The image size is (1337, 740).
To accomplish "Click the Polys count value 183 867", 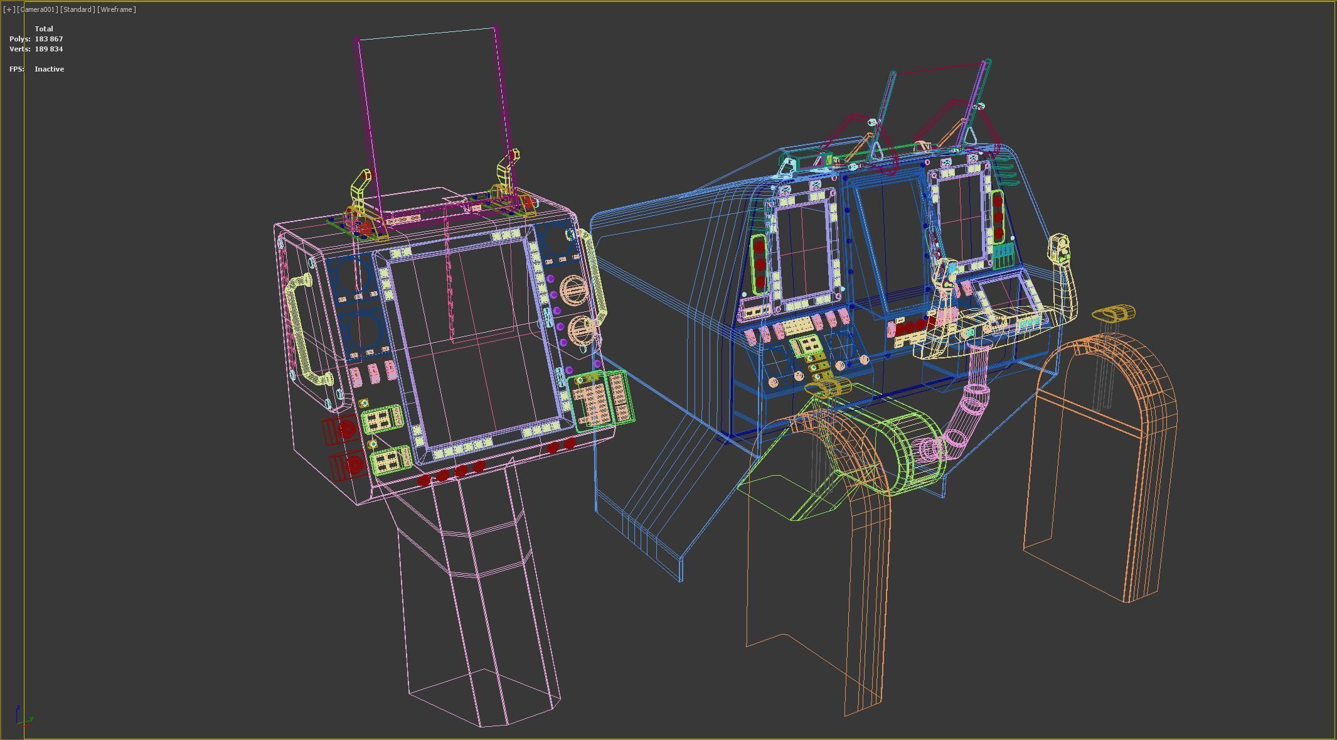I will pos(48,39).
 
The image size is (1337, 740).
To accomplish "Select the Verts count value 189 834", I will pos(48,49).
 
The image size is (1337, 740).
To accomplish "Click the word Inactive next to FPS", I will pos(49,69).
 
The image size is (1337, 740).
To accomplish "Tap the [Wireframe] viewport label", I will pos(117,9).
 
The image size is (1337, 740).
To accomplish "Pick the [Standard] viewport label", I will pos(77,9).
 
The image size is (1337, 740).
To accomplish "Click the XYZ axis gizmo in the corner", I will pos(22,717).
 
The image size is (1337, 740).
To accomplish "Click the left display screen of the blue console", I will pos(804,251).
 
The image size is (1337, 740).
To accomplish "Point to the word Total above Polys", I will pos(44,29).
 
